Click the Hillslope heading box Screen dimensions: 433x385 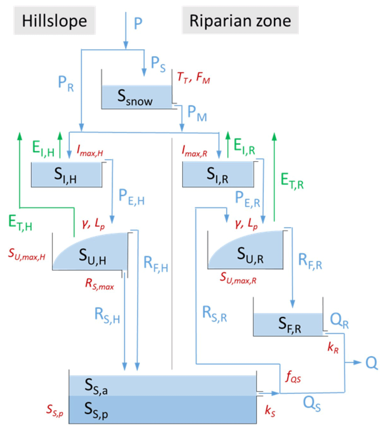click(54, 21)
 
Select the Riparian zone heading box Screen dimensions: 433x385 click(240, 21)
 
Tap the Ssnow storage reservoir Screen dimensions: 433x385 click(136, 97)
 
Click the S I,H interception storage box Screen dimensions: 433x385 click(66, 175)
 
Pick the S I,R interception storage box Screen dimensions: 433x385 click(218, 175)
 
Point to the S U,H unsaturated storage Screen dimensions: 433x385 click(92, 256)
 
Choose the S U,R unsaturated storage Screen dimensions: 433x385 click(250, 254)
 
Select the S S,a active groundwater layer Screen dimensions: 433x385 click(162, 385)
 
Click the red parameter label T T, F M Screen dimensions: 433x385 click(193, 78)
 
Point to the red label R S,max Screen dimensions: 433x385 click(99, 284)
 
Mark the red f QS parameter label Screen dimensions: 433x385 click(293, 377)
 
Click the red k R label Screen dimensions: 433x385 click(333, 348)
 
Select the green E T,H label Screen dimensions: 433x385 click(20, 222)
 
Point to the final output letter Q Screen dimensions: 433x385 click(371, 362)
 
